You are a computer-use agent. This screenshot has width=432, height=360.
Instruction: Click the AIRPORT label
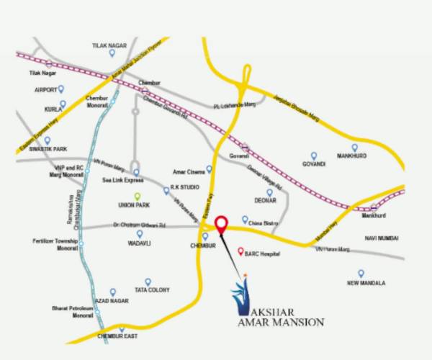tap(45, 90)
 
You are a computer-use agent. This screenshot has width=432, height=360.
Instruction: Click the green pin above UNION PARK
tap(137, 196)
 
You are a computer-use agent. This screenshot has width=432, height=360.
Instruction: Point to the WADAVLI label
tap(129, 243)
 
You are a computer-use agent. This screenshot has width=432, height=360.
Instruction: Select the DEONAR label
tap(266, 202)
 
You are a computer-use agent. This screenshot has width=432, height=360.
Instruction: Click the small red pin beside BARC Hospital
tap(240, 252)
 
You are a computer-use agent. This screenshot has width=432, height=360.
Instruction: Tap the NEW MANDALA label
tap(366, 283)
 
